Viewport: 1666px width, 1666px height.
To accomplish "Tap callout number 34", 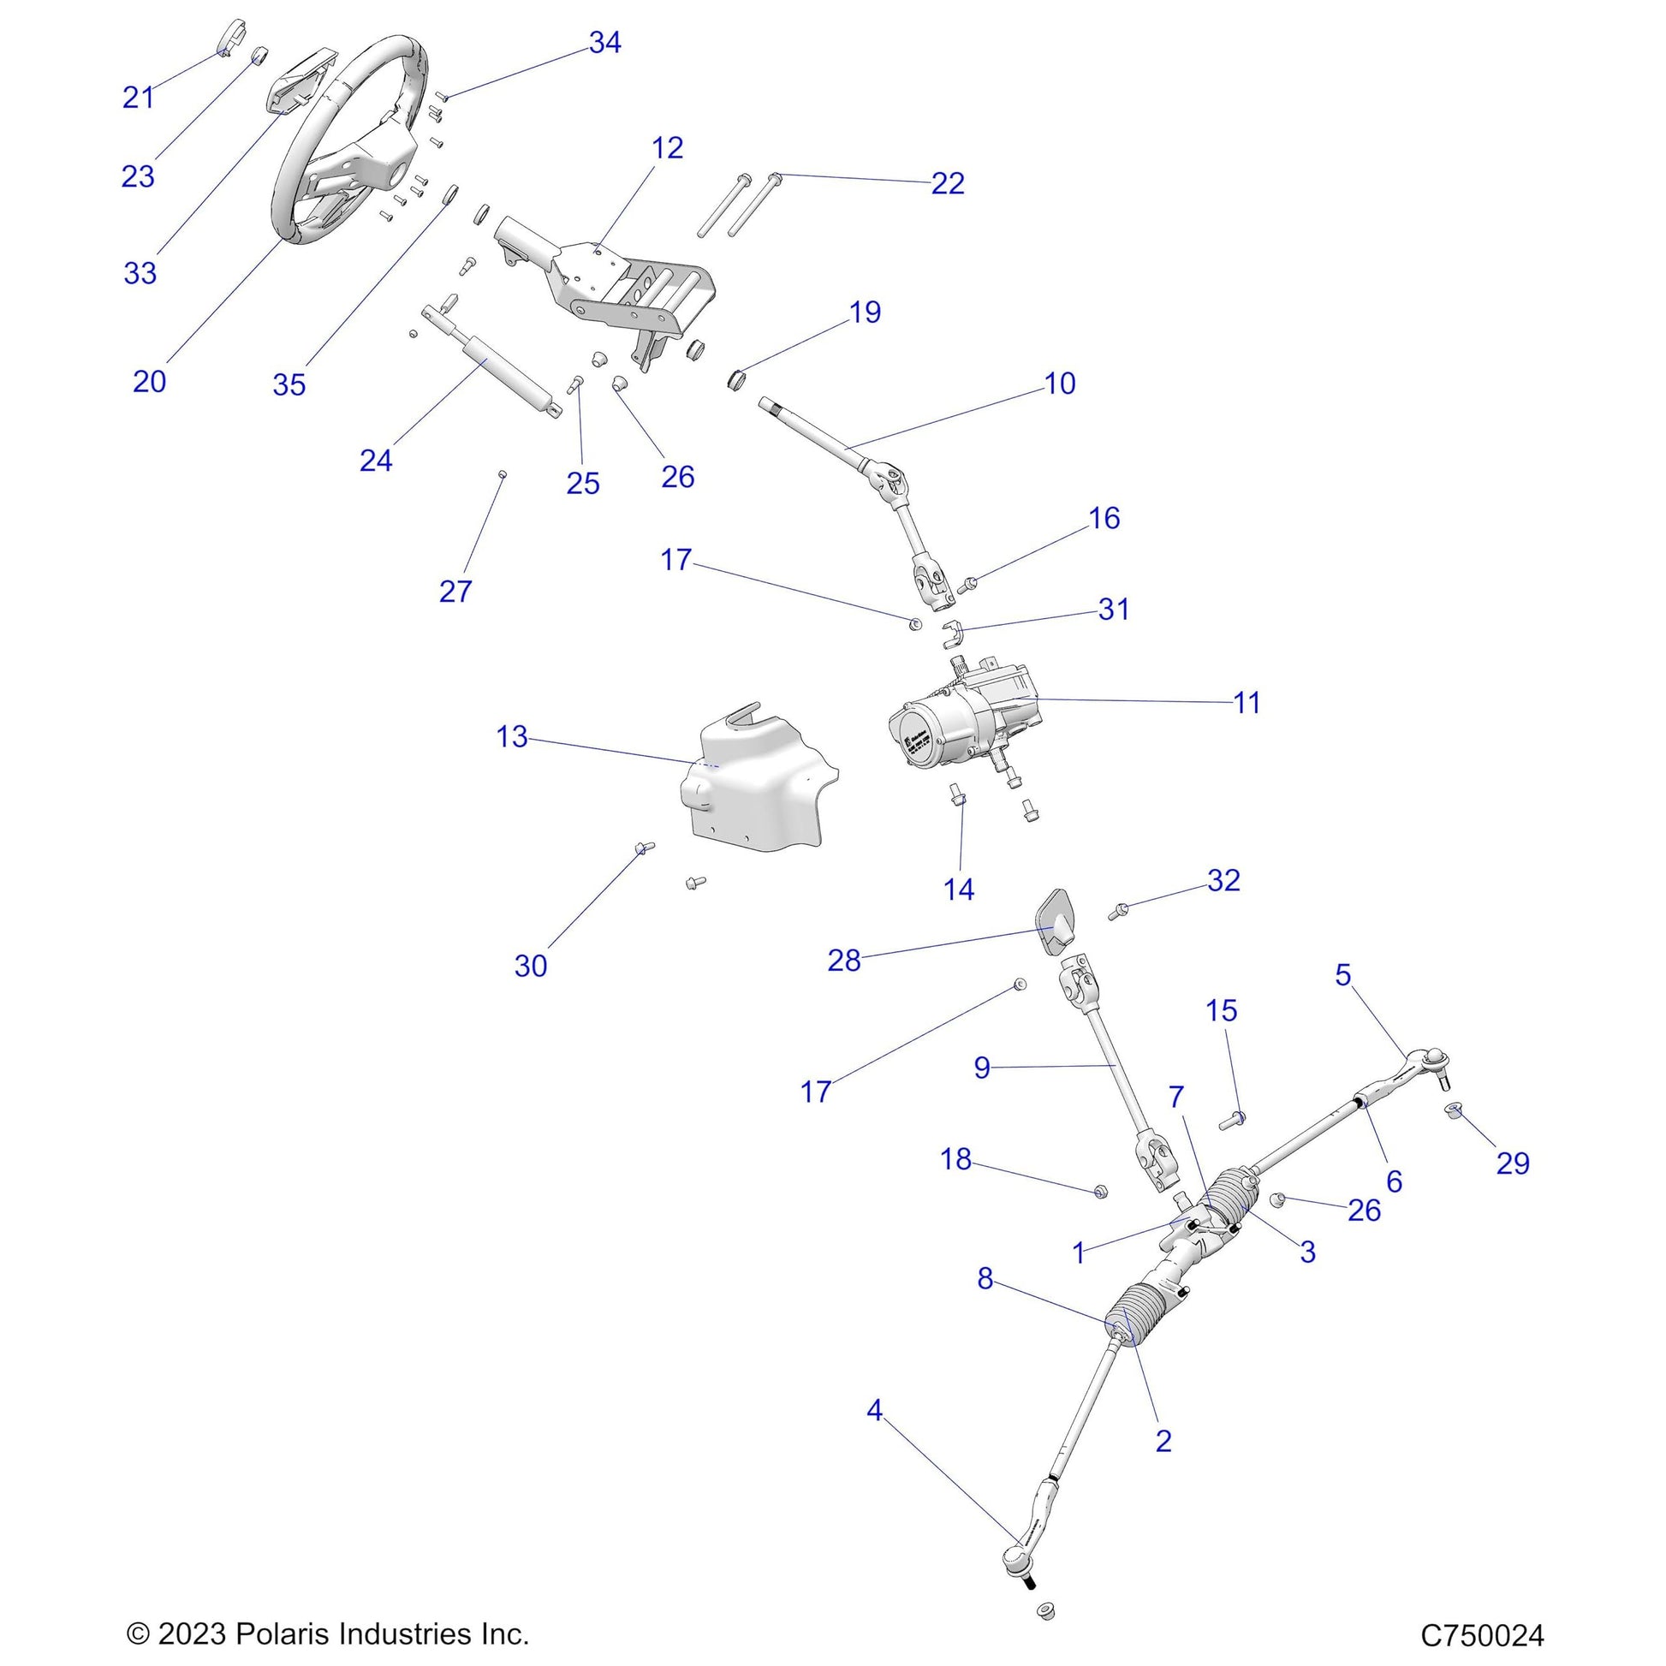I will pos(604,42).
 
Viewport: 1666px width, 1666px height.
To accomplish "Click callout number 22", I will pos(947,184).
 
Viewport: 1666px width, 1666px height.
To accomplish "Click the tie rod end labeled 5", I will pos(1414,1069).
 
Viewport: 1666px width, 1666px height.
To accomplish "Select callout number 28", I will pos(843,961).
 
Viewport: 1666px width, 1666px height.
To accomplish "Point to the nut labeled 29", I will pos(1454,1112).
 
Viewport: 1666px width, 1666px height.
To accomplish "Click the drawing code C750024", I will pos(1482,1634).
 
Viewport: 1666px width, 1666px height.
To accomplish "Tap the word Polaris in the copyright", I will pos(280,1633).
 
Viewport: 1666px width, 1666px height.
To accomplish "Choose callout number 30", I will pos(530,966).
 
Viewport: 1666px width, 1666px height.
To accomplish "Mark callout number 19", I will pos(865,312).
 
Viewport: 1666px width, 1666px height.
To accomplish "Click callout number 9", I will pos(981,1068).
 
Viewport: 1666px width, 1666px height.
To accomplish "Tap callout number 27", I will pos(455,592).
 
